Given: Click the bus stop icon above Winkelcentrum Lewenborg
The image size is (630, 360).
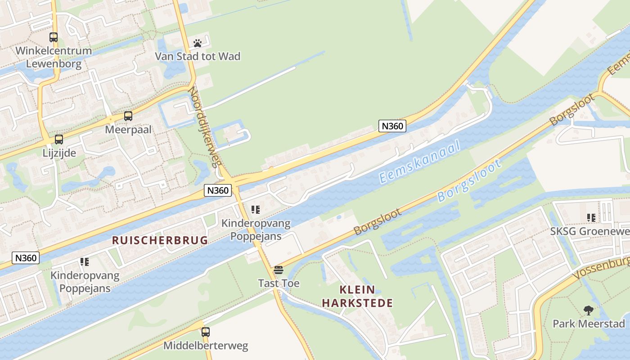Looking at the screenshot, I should (54, 37).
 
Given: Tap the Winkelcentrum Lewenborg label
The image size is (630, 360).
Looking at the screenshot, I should (54, 57).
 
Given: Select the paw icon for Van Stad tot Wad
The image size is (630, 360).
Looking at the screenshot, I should (198, 43).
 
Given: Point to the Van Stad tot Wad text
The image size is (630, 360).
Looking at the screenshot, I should (198, 56).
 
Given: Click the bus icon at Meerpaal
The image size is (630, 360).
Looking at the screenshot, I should (128, 116).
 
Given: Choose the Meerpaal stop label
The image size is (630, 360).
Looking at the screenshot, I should (128, 130).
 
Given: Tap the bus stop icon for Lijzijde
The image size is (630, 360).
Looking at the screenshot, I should (59, 139).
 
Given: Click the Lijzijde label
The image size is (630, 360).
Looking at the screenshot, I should (59, 153).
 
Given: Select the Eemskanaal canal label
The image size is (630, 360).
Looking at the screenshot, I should (420, 162).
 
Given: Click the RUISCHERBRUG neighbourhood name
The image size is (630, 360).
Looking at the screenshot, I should (160, 240).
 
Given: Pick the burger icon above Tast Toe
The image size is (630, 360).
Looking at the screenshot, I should (279, 270).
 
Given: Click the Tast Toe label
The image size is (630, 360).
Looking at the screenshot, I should (279, 283).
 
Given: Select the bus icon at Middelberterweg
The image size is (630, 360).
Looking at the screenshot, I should (206, 332).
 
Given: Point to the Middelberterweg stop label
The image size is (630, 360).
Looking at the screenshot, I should (206, 346).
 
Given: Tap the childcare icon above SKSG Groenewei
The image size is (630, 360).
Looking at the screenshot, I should (591, 218).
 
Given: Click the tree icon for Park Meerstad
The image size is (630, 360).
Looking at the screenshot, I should (588, 310).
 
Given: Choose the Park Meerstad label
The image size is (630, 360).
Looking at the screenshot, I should (589, 324).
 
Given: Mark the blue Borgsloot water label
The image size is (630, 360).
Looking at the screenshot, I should (469, 181).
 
